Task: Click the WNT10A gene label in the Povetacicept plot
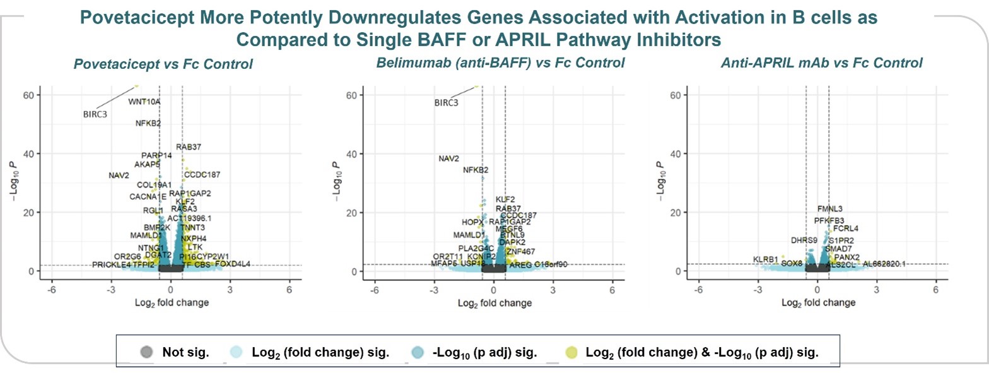pos(144,101)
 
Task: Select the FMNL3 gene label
pos(830,209)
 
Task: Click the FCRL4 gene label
pos(846,228)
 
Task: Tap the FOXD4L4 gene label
pos(233,264)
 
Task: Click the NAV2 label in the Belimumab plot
pos(448,158)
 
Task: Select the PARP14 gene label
pos(156,155)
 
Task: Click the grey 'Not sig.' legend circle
pos(145,353)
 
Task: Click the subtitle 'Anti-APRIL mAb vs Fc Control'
pos(821,63)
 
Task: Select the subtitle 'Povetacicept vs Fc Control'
pos(163,64)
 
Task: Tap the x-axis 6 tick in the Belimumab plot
pos(612,290)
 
